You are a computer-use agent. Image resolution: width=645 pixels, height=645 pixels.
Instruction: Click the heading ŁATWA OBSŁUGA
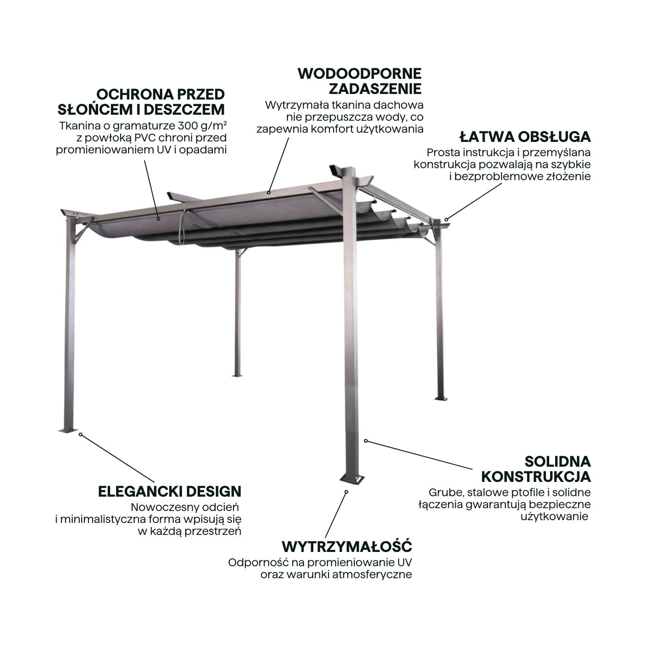tap(525, 137)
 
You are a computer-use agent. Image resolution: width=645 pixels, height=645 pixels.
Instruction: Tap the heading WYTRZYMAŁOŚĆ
tap(347, 546)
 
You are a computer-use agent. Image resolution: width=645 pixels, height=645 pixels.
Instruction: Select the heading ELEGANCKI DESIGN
tap(170, 492)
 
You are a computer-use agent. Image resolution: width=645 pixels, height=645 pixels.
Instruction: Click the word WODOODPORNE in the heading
tap(359, 74)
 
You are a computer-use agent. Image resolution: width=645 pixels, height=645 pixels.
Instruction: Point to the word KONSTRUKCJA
tap(536, 477)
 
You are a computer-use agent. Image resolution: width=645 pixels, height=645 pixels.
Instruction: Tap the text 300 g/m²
tap(202, 125)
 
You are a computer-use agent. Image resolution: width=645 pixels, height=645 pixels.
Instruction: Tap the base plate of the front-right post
tap(352, 479)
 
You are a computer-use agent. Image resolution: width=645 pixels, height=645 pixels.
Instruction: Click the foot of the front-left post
tap(68, 430)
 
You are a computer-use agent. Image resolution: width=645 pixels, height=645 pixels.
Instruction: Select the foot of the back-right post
tap(441, 399)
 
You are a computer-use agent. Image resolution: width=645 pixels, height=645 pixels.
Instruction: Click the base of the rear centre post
tap(237, 376)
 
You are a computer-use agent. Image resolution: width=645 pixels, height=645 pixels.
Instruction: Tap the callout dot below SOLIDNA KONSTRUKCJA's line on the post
tap(366, 441)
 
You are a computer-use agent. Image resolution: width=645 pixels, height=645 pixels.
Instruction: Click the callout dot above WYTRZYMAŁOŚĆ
tap(346, 492)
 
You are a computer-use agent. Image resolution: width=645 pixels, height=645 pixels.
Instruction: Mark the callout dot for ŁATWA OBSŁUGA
tap(446, 220)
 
